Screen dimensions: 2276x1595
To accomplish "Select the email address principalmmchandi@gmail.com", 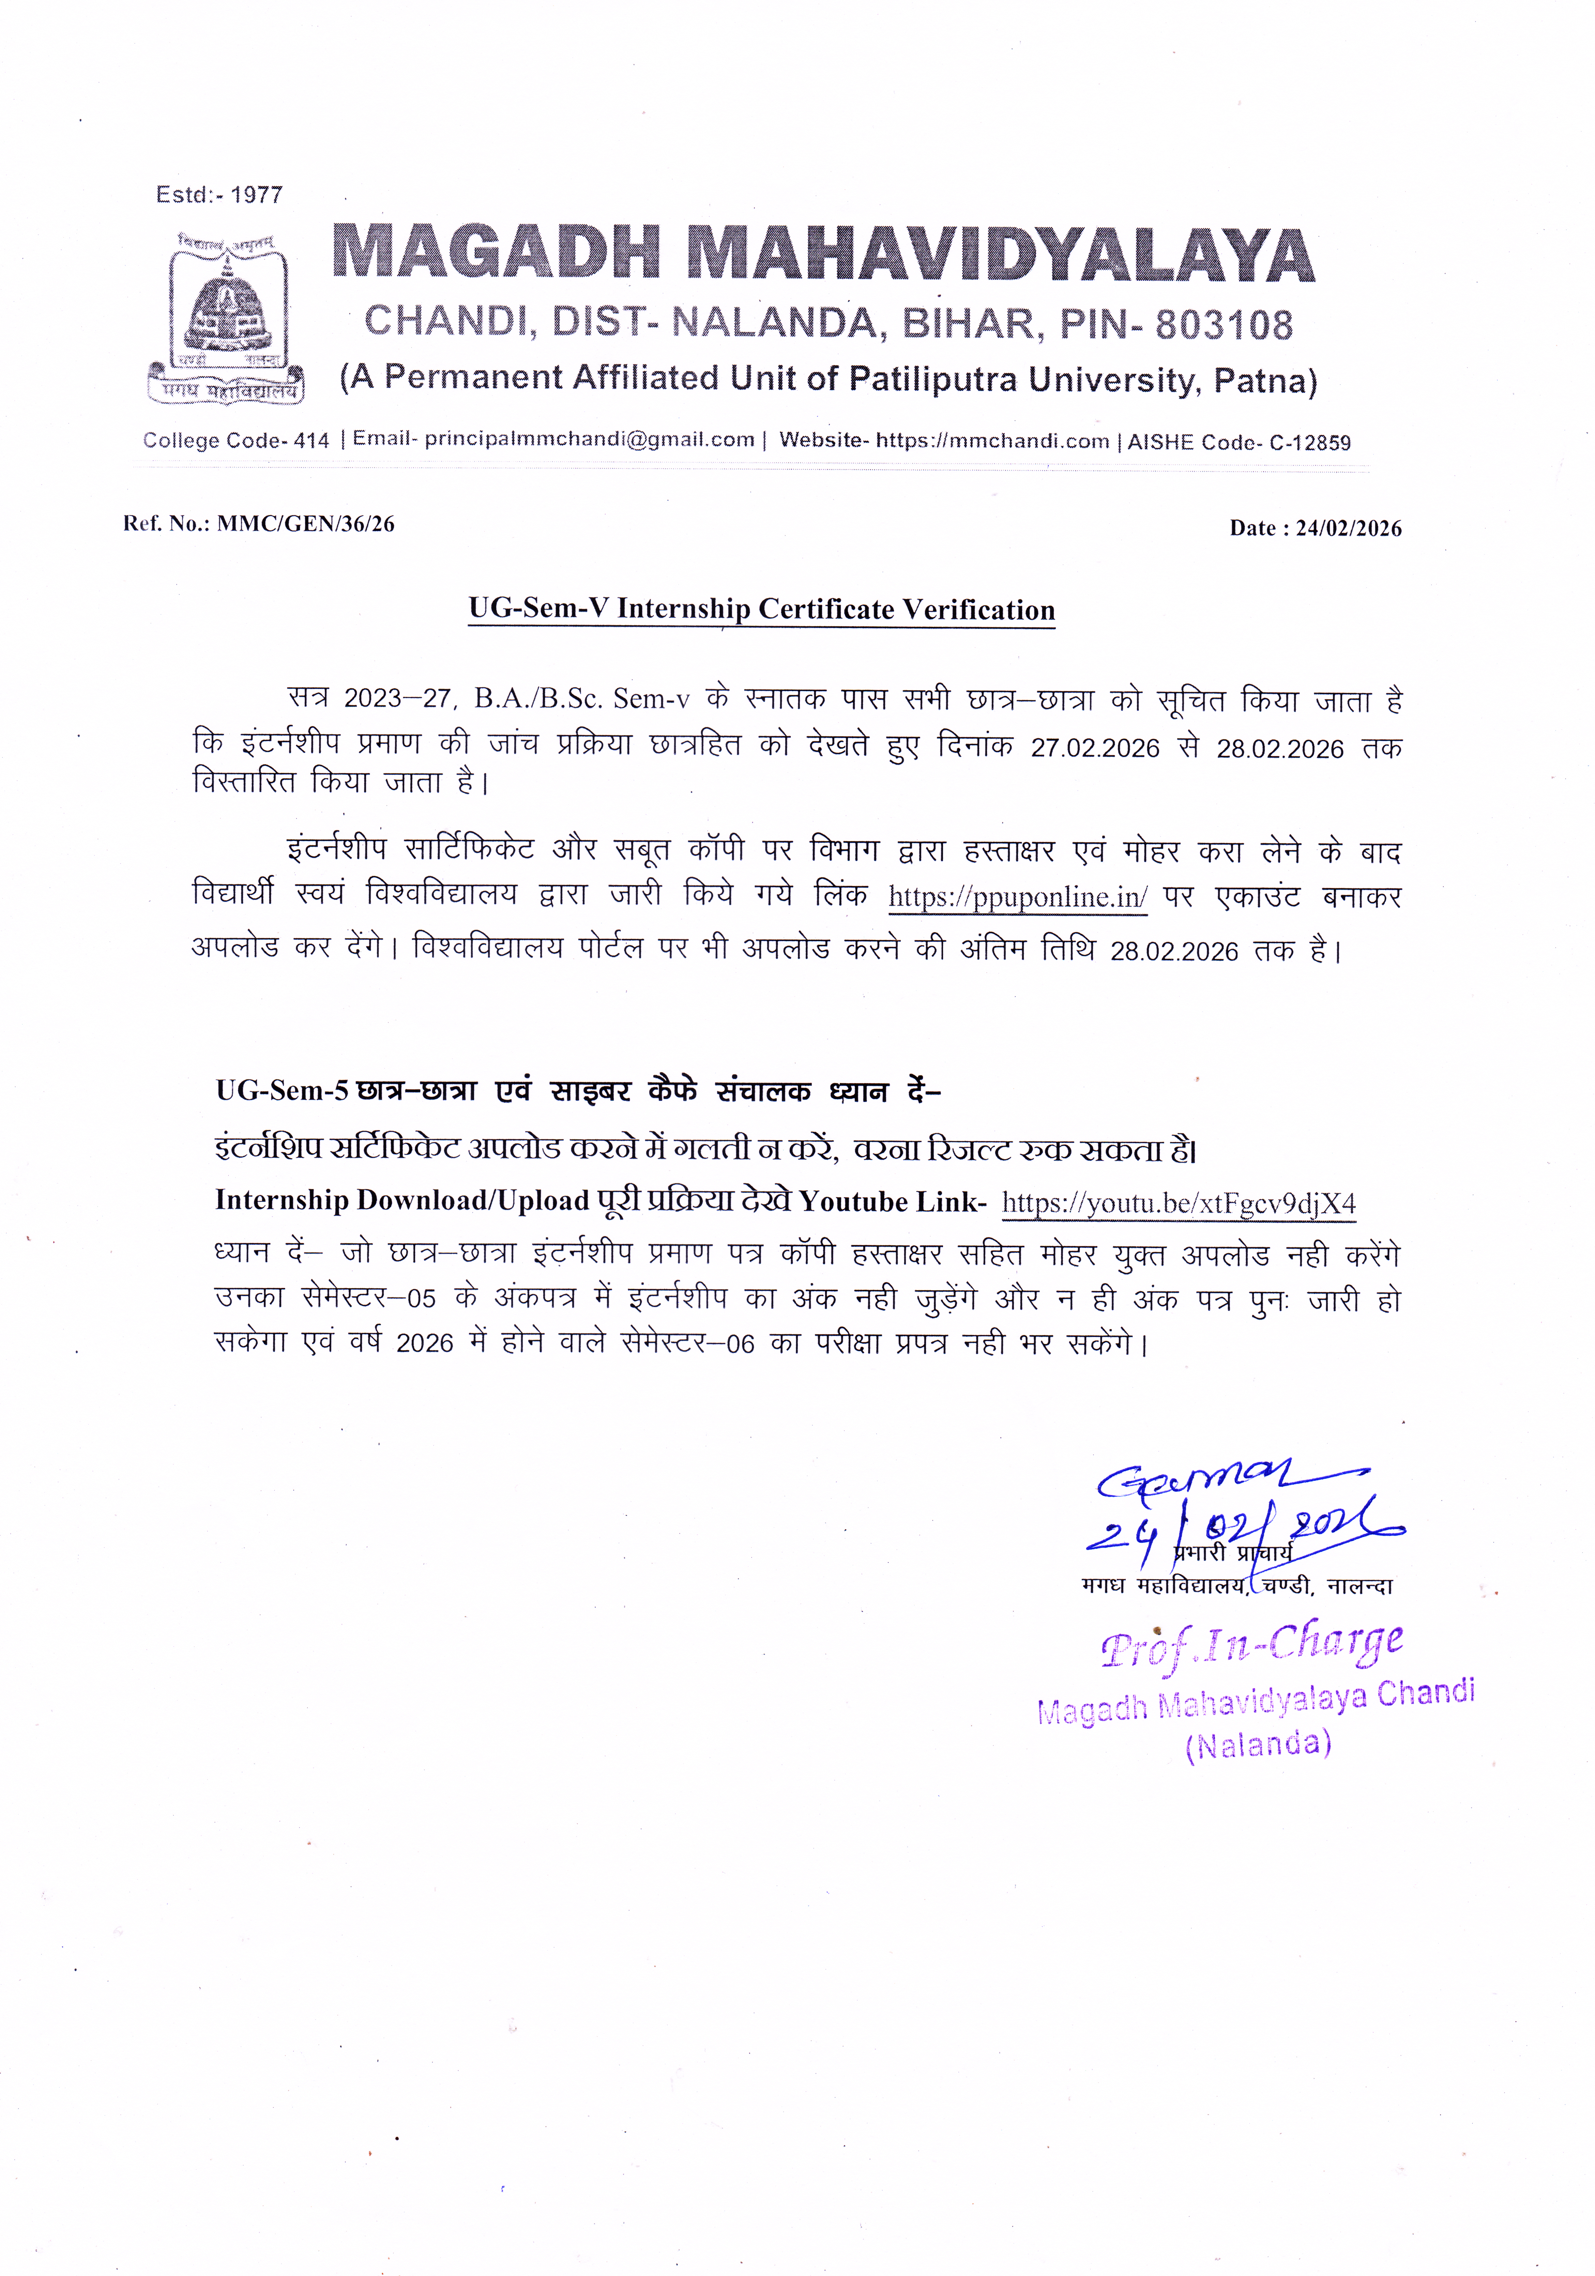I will [x=589, y=439].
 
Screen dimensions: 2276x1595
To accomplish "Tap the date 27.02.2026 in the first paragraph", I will [x=1094, y=749].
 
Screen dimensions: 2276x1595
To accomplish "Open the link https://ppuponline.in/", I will [x=1017, y=897].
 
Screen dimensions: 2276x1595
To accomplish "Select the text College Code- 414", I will [x=236, y=440].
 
